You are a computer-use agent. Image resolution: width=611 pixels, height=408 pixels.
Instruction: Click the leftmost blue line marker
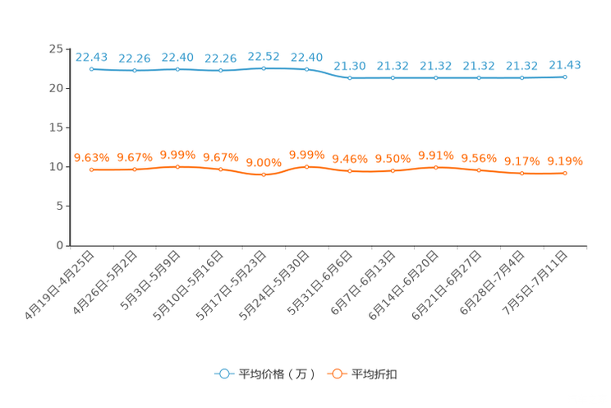pos(92,69)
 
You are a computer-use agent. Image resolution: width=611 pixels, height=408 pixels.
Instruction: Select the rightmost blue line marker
pos(565,76)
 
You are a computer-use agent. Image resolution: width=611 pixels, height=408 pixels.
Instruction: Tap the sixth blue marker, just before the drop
pos(306,69)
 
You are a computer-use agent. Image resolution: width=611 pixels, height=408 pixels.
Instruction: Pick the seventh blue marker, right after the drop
pos(350,78)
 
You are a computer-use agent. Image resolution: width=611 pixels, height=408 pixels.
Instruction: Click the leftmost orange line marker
pos(92,169)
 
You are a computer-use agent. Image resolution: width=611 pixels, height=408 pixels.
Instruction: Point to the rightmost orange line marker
pos(565,174)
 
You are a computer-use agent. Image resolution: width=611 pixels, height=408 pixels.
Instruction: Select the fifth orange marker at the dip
pos(264,175)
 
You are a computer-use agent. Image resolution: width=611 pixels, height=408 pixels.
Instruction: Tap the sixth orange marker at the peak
pos(306,166)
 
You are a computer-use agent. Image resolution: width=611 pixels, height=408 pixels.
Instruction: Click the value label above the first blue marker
pos(91,56)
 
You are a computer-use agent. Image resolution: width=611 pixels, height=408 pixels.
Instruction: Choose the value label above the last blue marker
pos(565,64)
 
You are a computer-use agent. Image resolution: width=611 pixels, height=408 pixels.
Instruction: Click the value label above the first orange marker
pos(91,156)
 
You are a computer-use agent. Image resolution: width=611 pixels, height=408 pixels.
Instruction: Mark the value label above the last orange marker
pos(565,160)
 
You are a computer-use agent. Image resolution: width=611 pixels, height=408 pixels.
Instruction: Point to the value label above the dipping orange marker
pos(264,162)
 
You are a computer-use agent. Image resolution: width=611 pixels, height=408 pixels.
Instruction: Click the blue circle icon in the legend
pos(223,373)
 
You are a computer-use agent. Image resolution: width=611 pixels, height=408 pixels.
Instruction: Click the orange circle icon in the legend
pos(336,373)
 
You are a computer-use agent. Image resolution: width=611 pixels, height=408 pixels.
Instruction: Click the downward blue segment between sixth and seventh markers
pos(328,74)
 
